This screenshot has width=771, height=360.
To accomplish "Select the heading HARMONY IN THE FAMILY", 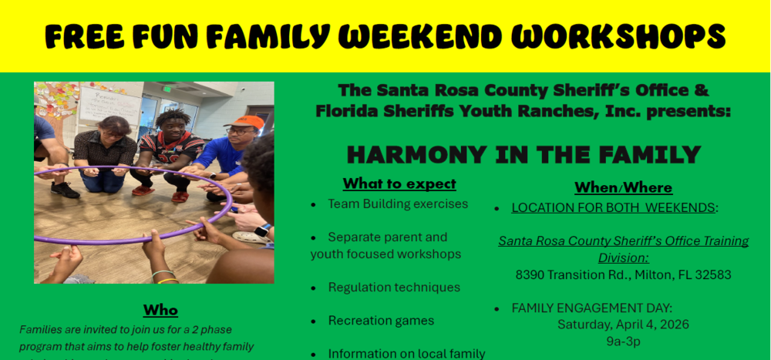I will pos(524,154).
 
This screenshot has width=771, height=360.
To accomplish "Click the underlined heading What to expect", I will pos(399,183).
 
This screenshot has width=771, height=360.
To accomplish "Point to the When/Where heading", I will pos(623,187).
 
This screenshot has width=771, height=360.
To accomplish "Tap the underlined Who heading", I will pos(160,310).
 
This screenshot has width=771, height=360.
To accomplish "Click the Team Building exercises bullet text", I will pos(398,204).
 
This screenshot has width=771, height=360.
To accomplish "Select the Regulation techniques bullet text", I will pos(394,288).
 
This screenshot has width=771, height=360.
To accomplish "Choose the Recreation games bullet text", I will pos(381,321).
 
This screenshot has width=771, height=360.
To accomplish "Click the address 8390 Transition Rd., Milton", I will pos(623,274).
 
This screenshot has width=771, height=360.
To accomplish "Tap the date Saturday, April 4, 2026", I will pos(623,325).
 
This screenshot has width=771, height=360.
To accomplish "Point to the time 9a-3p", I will pos(623,341).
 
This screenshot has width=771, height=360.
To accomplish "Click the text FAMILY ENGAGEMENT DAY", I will pos(592,308).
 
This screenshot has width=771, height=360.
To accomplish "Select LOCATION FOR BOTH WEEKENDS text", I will pos(614,208).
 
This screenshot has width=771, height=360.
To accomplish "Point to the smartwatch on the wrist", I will pos(263,230).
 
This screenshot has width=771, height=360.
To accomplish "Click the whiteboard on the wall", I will pos(109,104).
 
